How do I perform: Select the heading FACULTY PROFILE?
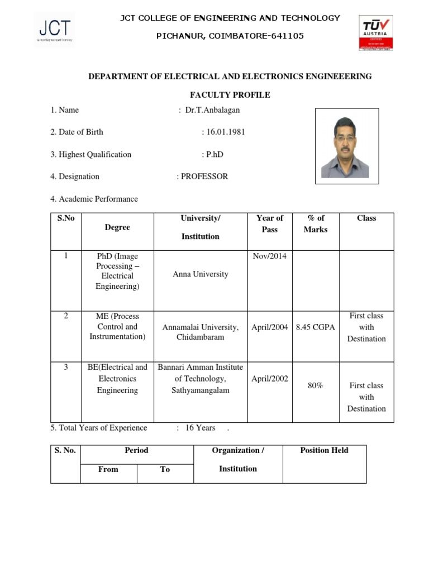[x=230, y=95]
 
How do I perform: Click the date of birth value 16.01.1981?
[x=223, y=132]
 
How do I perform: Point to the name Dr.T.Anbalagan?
[x=212, y=110]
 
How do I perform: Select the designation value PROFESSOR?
[x=204, y=177]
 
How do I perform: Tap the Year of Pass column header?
[x=270, y=224]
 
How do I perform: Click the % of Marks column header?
[x=316, y=224]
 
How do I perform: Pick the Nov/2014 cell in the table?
[x=270, y=256]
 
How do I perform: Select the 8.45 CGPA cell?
[x=316, y=327]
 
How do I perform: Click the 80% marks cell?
[x=316, y=385]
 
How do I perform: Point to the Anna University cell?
[x=201, y=274]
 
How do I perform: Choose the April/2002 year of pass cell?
[x=270, y=379]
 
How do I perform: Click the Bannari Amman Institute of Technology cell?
[x=201, y=379]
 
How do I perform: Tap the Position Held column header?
[x=324, y=451]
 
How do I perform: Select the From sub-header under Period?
[x=108, y=470]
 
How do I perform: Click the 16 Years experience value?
[x=200, y=428]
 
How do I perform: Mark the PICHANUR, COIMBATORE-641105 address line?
[x=230, y=36]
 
